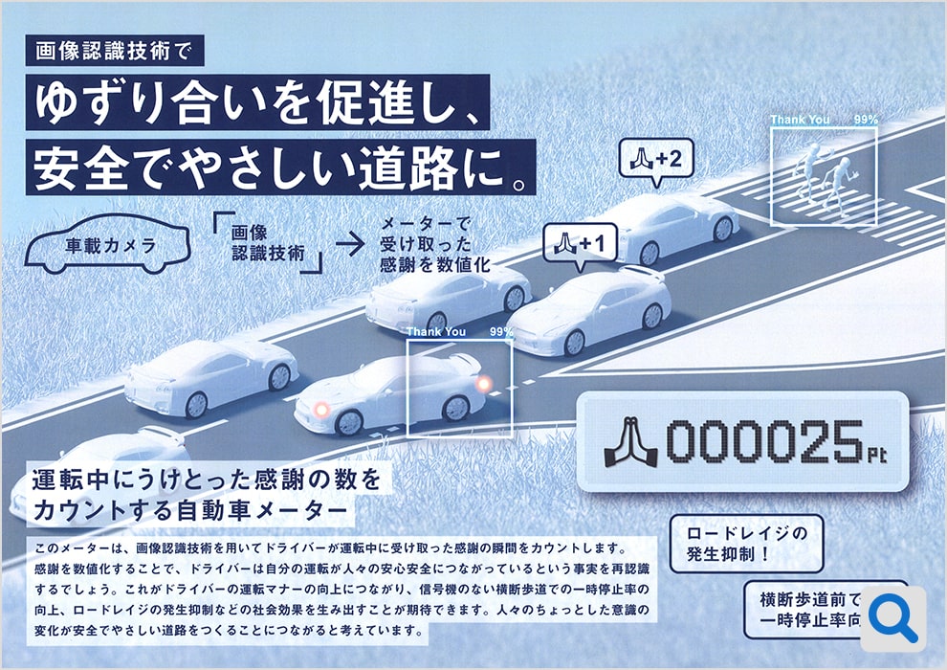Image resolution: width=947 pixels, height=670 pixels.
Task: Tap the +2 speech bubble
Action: pos(656,160)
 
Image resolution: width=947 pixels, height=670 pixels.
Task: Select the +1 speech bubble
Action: pos(581,243)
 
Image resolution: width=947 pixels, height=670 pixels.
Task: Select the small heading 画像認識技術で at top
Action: pos(116,51)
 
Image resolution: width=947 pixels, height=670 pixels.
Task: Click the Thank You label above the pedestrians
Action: pos(801,120)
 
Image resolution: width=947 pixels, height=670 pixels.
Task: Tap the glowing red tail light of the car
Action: pos(485,384)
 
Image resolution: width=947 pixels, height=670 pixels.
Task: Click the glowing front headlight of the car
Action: pos(322,409)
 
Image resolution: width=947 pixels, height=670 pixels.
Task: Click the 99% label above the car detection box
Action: pos(501,332)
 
